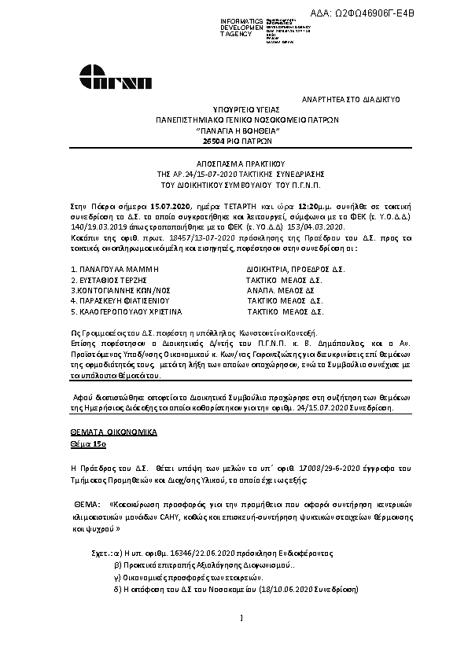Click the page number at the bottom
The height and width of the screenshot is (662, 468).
point(240,617)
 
